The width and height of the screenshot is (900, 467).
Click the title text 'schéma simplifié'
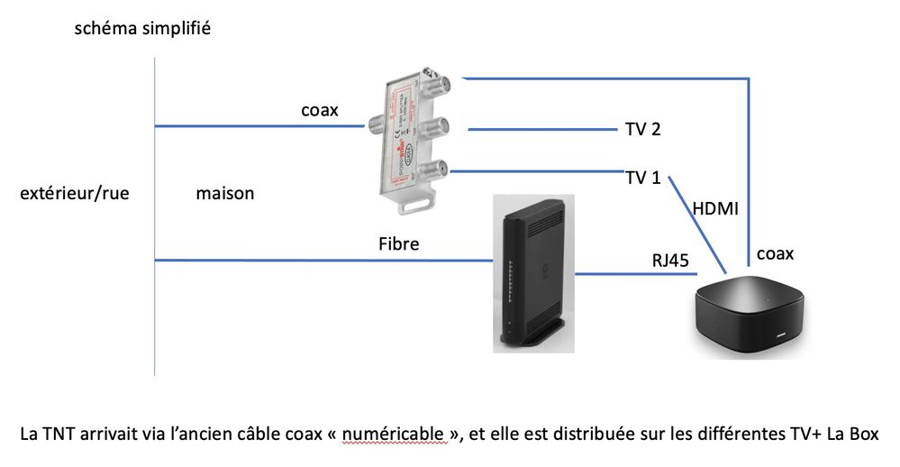(145, 29)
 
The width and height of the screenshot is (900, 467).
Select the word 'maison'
(224, 193)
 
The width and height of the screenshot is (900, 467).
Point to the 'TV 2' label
(643, 130)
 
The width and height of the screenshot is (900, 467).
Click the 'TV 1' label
(643, 178)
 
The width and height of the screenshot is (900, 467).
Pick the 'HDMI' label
(715, 209)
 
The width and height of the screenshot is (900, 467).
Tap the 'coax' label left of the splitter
(320, 110)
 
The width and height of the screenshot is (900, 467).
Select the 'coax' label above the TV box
(775, 254)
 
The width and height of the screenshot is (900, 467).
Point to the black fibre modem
(532, 270)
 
